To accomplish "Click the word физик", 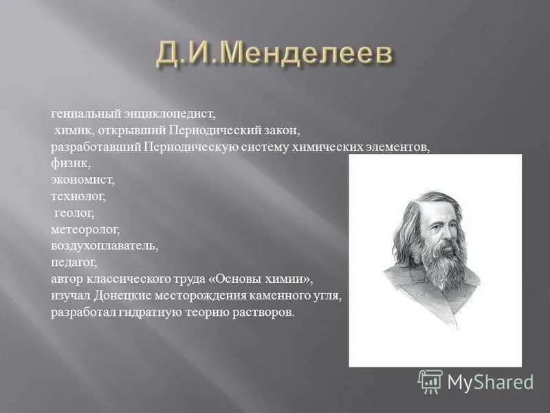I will coord(70,164).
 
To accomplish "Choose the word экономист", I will coord(82,180).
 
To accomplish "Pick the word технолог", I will coord(78,197).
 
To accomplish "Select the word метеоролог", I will coord(85,230).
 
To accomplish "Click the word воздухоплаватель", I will coord(104,246).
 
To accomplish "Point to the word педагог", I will coord(74,262).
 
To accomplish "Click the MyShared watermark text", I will coord(490,382).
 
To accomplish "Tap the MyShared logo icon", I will coord(430,381).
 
